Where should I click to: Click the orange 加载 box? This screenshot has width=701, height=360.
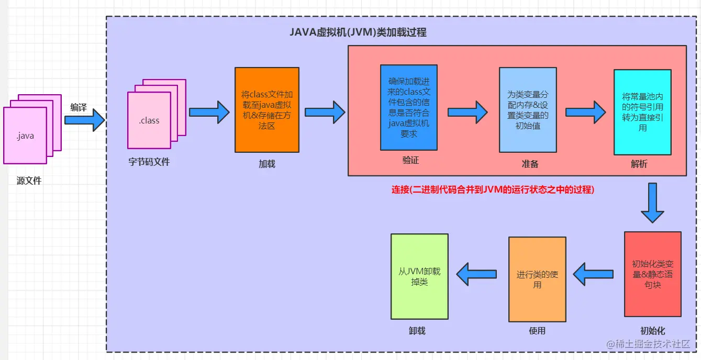tap(267, 110)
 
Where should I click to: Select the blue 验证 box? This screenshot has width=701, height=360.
tap(409, 108)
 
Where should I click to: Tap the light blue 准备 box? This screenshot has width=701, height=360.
tap(528, 110)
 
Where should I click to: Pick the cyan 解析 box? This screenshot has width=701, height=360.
tap(642, 112)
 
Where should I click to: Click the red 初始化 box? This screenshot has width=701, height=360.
tap(653, 274)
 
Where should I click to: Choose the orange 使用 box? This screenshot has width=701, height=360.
tap(537, 279)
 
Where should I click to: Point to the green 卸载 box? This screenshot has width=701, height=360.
tap(419, 276)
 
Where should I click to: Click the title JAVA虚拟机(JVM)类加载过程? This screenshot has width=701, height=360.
tap(358, 32)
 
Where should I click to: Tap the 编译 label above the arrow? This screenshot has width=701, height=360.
tap(79, 108)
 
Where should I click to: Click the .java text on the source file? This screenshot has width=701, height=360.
tap(25, 137)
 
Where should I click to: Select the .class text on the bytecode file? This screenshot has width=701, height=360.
tap(149, 121)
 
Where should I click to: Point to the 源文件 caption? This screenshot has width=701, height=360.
tap(29, 181)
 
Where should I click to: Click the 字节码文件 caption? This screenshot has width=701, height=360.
tap(149, 162)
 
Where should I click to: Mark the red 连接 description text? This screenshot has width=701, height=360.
tap(493, 190)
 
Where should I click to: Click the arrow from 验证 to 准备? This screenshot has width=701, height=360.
tap(468, 112)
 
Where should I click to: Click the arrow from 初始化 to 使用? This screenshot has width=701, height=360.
tap(594, 274)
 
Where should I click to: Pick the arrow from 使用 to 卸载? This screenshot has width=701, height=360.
tap(477, 274)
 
